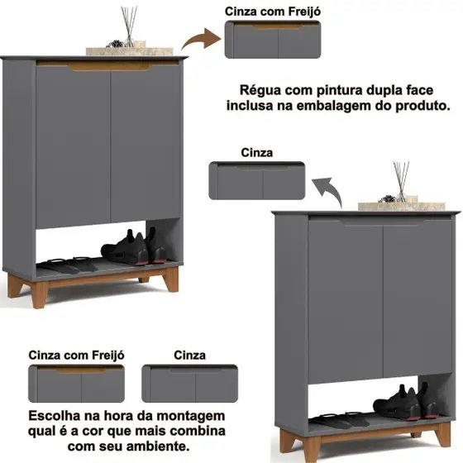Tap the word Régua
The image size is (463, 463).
pos(260,91)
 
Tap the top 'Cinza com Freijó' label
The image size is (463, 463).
pos(273,12)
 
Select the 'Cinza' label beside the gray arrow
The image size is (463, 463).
pos(256,153)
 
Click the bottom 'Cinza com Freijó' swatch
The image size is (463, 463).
pos(76,384)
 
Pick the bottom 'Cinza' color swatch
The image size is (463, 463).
pos(189,384)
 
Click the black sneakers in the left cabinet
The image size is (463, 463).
pos(134,246)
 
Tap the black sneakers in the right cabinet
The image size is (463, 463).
pos(406,401)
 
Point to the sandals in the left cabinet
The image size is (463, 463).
pos(67,265)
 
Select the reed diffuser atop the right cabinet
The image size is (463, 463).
pos(401,182)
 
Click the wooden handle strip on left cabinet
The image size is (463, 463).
pos(108,66)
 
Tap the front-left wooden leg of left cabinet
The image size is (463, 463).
pos(40,294)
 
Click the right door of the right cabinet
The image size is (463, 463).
pos(418,298)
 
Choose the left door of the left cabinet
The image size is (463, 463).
pos(73,146)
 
